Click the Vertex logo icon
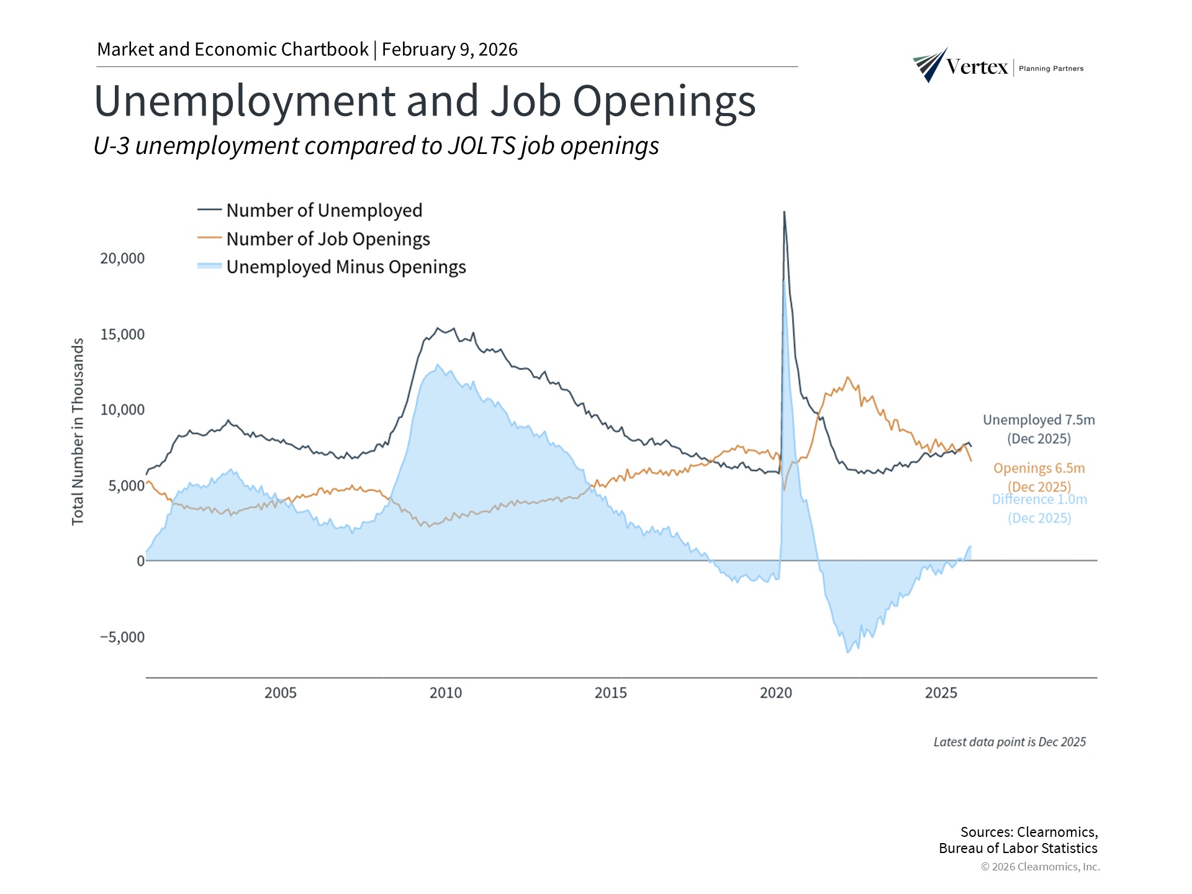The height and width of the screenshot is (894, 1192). coord(930,65)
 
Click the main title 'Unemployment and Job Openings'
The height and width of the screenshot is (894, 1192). coord(425,101)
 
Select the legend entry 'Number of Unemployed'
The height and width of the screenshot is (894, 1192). coord(323,210)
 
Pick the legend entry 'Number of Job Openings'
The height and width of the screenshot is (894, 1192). coord(327,239)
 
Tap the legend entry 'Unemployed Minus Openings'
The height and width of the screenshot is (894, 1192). coord(345,267)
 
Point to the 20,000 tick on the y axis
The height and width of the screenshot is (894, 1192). coord(122,258)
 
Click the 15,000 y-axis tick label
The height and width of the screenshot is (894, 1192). coord(122,334)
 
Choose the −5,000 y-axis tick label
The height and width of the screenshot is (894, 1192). coord(122,637)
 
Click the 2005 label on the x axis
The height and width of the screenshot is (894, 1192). coord(281,693)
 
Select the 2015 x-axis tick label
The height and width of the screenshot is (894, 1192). coord(611,693)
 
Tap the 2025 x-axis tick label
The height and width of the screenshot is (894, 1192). coord(941,693)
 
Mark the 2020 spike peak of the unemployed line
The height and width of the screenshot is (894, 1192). coord(784,212)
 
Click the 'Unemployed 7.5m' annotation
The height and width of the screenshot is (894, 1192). coord(1039,420)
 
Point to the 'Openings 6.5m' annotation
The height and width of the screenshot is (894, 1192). coord(1039,468)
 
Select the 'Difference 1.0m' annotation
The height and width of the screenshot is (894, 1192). coord(1039,500)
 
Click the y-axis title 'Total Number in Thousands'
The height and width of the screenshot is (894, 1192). coord(78,431)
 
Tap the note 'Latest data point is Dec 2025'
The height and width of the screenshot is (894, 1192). coord(1009,742)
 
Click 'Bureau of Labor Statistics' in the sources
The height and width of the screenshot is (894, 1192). coord(1018,848)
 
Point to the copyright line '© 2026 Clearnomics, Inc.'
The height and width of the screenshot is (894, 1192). coord(1040,867)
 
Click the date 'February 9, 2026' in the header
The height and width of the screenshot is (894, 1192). coord(449,50)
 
